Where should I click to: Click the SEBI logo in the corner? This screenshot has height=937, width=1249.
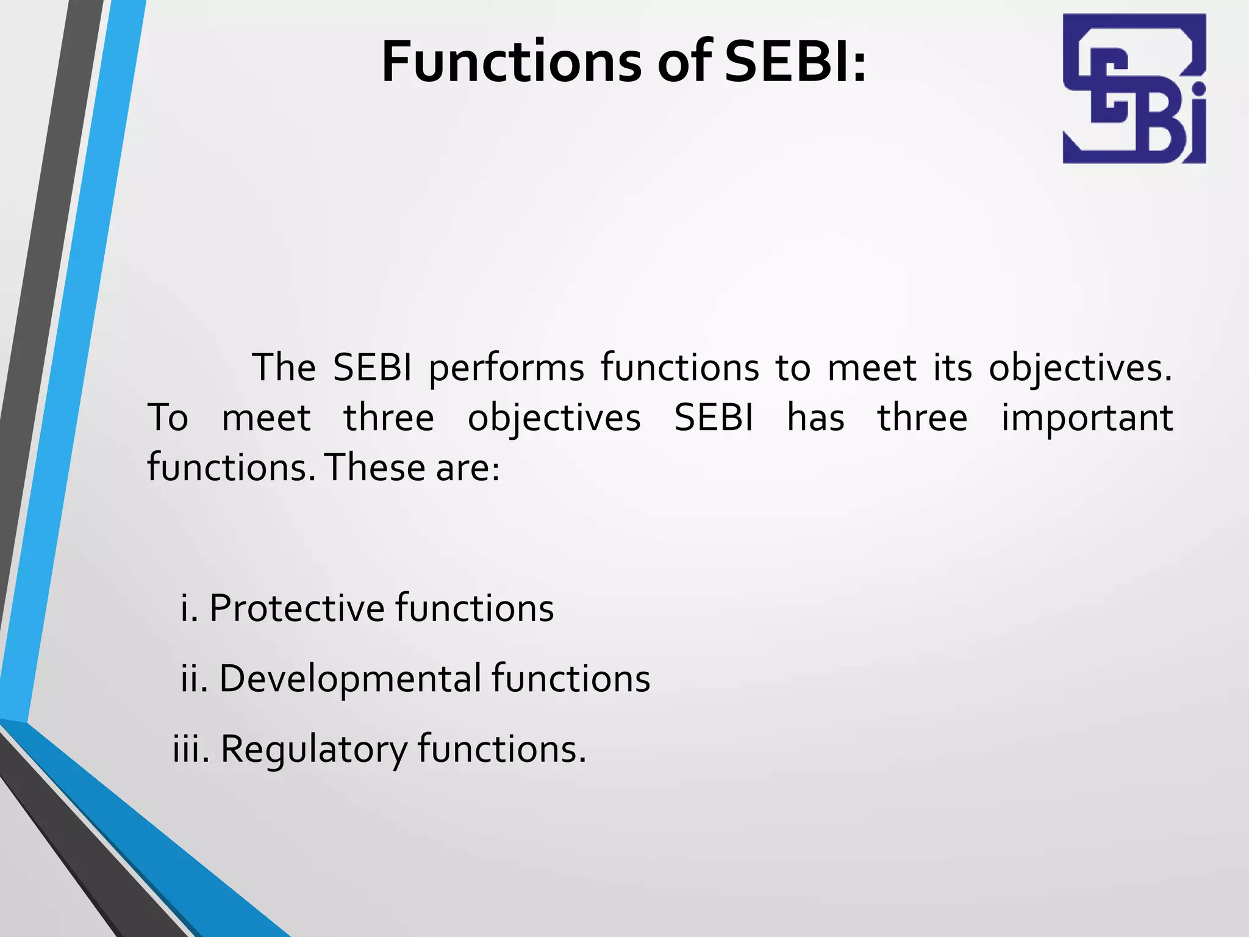(1134, 88)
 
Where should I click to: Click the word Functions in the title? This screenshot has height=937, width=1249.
(512, 62)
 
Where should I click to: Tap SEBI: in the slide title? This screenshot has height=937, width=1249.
(795, 62)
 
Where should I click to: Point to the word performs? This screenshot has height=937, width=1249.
(506, 368)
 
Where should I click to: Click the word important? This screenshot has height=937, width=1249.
(1087, 418)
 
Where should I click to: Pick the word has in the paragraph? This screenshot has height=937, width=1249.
(815, 418)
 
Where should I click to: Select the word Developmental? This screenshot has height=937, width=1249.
(350, 678)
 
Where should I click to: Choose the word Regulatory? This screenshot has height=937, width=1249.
(313, 749)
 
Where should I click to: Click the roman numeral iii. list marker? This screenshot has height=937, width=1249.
(191, 749)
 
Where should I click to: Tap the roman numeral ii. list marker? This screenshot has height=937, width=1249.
(195, 678)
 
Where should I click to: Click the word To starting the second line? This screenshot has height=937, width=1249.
(168, 418)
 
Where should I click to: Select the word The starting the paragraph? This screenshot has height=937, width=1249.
(284, 368)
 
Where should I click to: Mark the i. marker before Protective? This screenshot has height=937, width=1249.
(189, 608)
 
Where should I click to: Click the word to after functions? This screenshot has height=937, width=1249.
(793, 368)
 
